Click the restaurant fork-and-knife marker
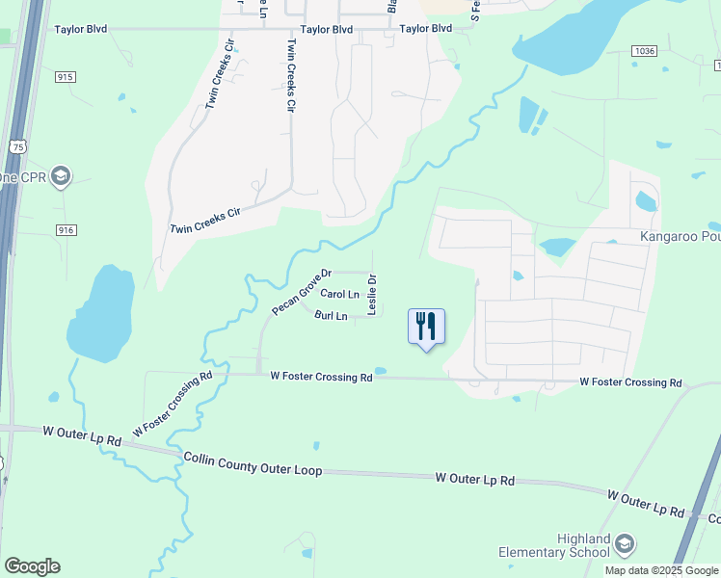tap(426, 327)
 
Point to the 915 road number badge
tap(66, 76)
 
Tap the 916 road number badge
tap(66, 229)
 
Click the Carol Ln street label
tap(339, 294)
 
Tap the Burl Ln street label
tap(331, 316)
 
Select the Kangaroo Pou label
tap(681, 236)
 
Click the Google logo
tap(32, 566)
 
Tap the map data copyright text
tap(661, 570)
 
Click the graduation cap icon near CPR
tap(61, 176)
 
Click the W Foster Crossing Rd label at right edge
tap(630, 382)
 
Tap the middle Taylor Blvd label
tap(327, 30)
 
